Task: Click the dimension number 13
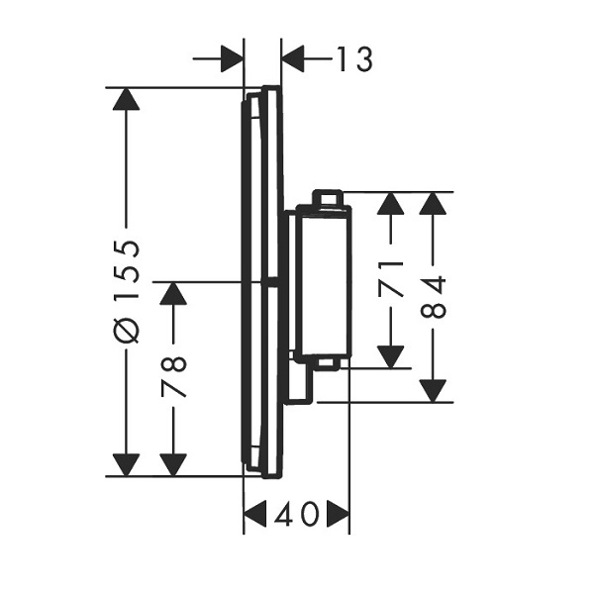coord(354,59)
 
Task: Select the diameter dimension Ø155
coord(128,291)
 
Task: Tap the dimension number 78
coord(173,376)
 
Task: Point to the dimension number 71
coord(391,279)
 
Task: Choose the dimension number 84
coord(433,297)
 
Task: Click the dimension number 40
coord(296,514)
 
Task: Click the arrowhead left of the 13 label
coord(293,58)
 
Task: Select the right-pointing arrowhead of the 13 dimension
coord(232,58)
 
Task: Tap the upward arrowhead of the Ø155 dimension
coord(126,99)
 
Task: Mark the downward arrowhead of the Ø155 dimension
coord(126,465)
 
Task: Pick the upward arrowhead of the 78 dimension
coord(173,294)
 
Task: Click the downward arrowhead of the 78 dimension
coord(173,465)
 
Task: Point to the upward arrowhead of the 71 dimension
coord(391,204)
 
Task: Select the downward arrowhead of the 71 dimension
coord(391,356)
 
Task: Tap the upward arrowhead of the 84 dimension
coord(433,204)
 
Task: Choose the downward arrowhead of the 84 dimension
coord(433,391)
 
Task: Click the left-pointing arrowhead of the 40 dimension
coord(255,514)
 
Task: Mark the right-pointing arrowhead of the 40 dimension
coord(338,514)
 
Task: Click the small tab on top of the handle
coord(328,197)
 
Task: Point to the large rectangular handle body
coord(325,282)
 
